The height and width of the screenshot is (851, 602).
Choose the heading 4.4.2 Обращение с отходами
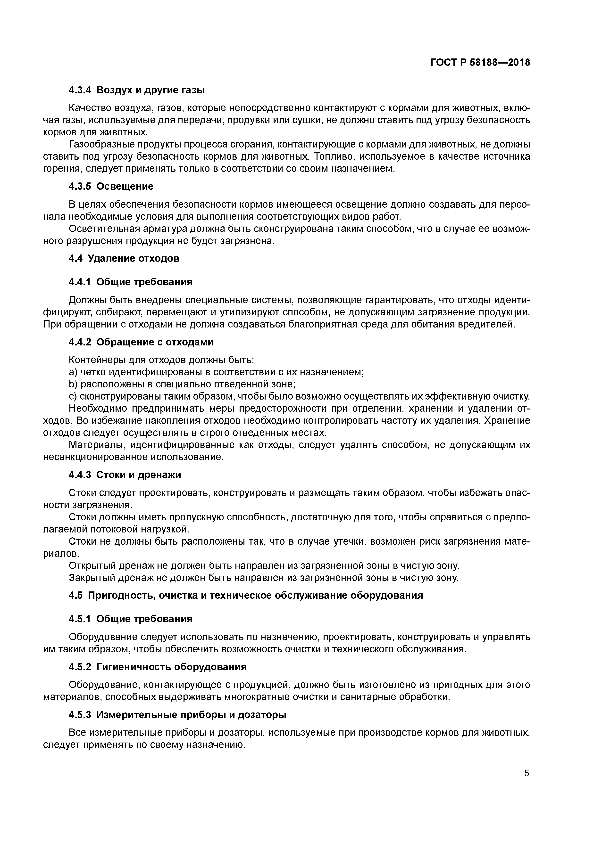(141, 342)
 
